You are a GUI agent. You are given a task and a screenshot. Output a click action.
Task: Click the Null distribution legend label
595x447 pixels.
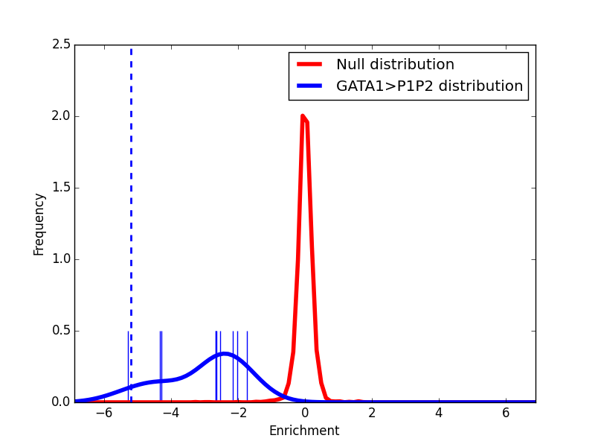(395, 65)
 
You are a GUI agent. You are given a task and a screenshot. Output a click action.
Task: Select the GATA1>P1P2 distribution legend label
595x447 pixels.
(429, 86)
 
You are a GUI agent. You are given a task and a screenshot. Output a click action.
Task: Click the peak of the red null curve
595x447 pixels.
(302, 115)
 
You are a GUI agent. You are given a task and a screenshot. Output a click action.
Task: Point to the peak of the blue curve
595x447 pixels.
(222, 353)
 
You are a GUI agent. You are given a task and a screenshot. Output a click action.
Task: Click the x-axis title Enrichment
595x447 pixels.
(304, 431)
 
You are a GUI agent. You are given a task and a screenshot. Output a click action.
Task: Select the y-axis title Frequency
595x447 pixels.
(39, 223)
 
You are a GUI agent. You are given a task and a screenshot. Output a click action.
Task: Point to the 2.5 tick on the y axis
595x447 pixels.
(63, 45)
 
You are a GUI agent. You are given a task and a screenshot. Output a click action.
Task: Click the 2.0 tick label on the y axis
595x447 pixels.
(63, 116)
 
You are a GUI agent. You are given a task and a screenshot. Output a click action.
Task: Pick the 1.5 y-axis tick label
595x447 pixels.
(63, 188)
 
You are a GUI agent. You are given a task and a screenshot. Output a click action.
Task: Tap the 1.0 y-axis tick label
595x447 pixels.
(63, 259)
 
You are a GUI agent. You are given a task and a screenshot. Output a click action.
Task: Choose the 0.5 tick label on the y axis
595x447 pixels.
(63, 331)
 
